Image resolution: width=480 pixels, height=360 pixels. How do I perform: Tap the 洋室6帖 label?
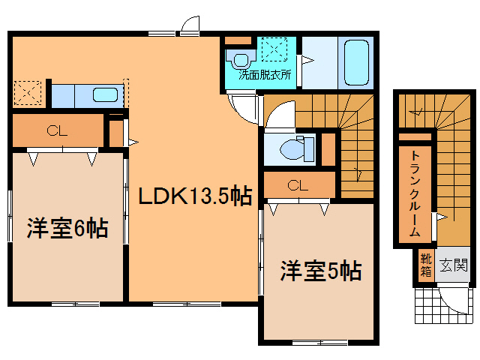tap(67, 227)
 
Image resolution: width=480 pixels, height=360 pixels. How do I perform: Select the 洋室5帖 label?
tap(322, 269)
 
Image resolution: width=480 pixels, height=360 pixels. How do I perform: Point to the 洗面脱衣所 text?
tap(265, 75)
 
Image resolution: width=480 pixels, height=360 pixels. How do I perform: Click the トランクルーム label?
tap(414, 193)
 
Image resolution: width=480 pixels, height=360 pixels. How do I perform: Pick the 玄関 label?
tap(453, 265)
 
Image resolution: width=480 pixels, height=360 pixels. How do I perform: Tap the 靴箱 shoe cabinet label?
tap(425, 266)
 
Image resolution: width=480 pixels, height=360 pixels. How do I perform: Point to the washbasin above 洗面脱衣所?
tap(240, 58)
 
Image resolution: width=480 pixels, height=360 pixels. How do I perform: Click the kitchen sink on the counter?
tap(103, 95)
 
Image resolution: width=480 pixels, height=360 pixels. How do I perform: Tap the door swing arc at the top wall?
tap(190, 25)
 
